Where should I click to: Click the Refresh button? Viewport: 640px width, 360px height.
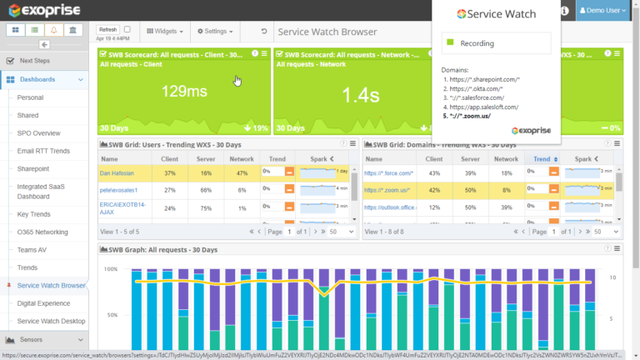click(x=107, y=29)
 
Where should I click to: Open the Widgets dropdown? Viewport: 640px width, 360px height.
click(x=165, y=31)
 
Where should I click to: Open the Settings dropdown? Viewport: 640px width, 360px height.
click(x=214, y=31)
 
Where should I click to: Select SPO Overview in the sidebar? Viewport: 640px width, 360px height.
click(x=38, y=132)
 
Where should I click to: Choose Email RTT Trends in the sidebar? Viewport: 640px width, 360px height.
click(x=43, y=150)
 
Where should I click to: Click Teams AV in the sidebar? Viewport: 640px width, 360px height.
click(x=34, y=250)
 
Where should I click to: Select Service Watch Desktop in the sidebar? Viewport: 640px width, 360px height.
click(x=51, y=321)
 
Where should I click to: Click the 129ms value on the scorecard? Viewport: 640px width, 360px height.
click(x=184, y=92)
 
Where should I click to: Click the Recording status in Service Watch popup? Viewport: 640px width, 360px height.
click(x=477, y=43)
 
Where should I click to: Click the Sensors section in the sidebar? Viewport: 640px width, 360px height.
click(x=32, y=339)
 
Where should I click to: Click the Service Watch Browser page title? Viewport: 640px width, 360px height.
click(x=327, y=32)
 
